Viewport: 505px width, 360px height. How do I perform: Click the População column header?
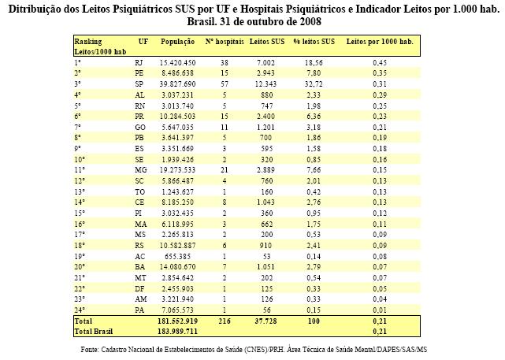[177, 42]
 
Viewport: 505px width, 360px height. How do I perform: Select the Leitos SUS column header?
[267, 42]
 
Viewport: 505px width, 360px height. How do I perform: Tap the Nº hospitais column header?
[225, 42]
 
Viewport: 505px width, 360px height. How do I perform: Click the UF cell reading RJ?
[139, 63]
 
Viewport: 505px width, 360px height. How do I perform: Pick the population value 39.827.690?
[177, 84]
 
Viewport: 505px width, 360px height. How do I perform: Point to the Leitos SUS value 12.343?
[265, 84]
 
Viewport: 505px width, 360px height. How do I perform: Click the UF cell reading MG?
[141, 170]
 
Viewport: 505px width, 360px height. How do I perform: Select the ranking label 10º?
[80, 159]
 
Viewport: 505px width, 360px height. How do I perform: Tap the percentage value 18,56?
[314, 63]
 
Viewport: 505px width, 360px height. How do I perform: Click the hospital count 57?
[225, 84]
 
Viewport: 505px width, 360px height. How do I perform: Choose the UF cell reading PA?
[139, 310]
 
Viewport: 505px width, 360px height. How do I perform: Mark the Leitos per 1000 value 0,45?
[380, 63]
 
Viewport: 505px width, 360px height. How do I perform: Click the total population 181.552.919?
[177, 321]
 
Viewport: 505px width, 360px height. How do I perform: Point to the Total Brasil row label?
[94, 332]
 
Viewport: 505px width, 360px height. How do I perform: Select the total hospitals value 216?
[225, 321]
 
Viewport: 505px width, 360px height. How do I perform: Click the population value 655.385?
[177, 257]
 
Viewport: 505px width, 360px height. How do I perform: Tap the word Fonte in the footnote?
[89, 350]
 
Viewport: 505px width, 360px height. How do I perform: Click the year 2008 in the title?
[310, 21]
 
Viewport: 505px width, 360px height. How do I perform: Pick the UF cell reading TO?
[139, 192]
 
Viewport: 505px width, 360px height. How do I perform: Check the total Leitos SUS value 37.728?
[265, 321]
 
